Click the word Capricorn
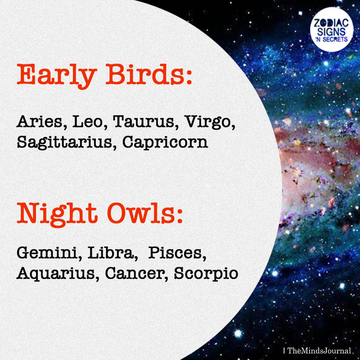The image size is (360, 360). coord(165,143)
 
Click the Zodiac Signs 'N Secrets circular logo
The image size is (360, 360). coord(332,29)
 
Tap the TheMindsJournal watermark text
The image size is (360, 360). coord(319,351)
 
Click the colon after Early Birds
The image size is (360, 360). coord(189,77)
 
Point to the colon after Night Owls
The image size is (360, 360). coord(180,216)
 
